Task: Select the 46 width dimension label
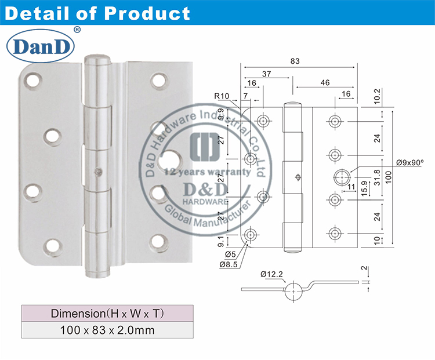pos(324,83)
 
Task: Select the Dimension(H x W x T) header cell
pos(107,314)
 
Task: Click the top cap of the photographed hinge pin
pos(98,60)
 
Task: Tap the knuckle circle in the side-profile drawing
pos(293,288)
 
